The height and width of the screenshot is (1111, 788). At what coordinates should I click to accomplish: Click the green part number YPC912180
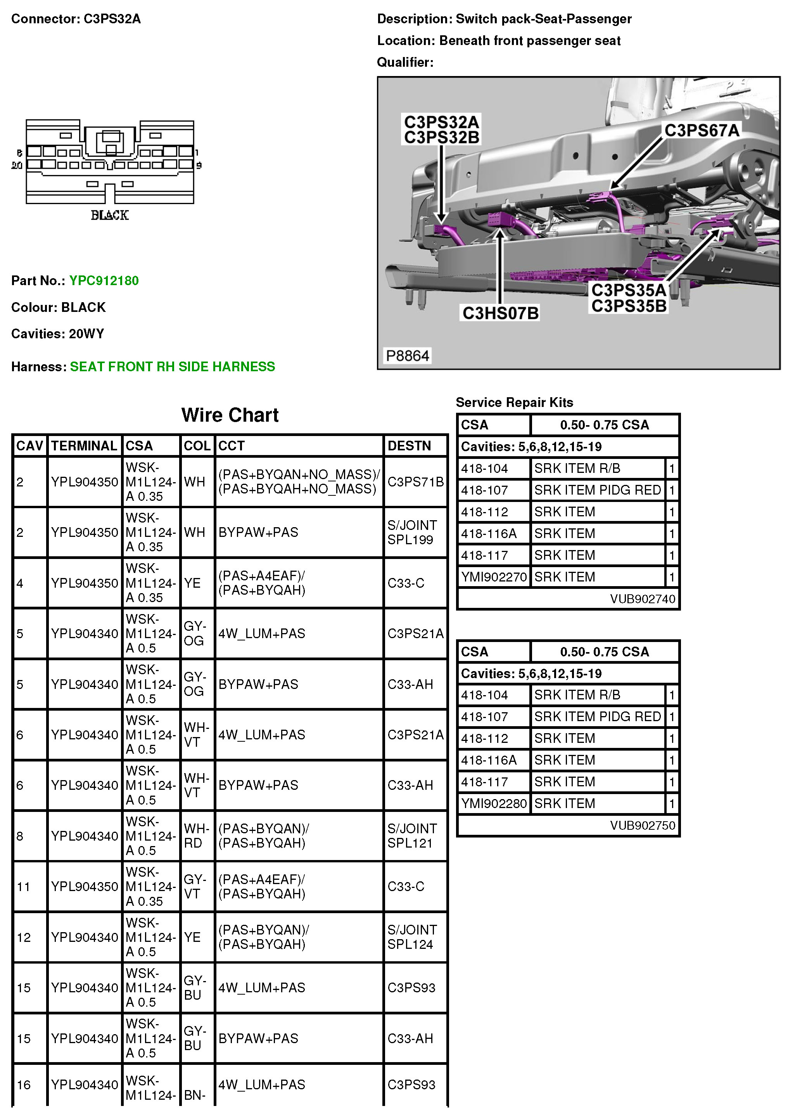104,280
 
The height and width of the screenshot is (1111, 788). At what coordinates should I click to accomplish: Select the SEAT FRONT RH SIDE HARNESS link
172,367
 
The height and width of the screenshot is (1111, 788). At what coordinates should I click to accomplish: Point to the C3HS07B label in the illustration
500,313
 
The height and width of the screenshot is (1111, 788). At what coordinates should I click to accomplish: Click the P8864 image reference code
407,356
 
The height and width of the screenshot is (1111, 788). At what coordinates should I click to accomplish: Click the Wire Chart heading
230,415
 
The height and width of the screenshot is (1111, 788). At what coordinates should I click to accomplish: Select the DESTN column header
409,446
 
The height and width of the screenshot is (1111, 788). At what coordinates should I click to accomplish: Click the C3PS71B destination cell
415,481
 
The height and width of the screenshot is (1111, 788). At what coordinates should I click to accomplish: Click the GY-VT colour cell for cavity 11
195,886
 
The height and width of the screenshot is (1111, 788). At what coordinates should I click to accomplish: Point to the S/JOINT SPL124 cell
412,937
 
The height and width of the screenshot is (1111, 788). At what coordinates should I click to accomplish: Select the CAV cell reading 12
24,937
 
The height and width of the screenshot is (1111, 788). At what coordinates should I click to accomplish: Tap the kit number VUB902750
643,825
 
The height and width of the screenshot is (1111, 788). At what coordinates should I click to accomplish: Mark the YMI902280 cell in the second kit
494,803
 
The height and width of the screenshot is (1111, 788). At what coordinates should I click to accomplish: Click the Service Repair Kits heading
514,402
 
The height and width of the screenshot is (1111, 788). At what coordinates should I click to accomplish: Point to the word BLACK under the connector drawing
110,215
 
